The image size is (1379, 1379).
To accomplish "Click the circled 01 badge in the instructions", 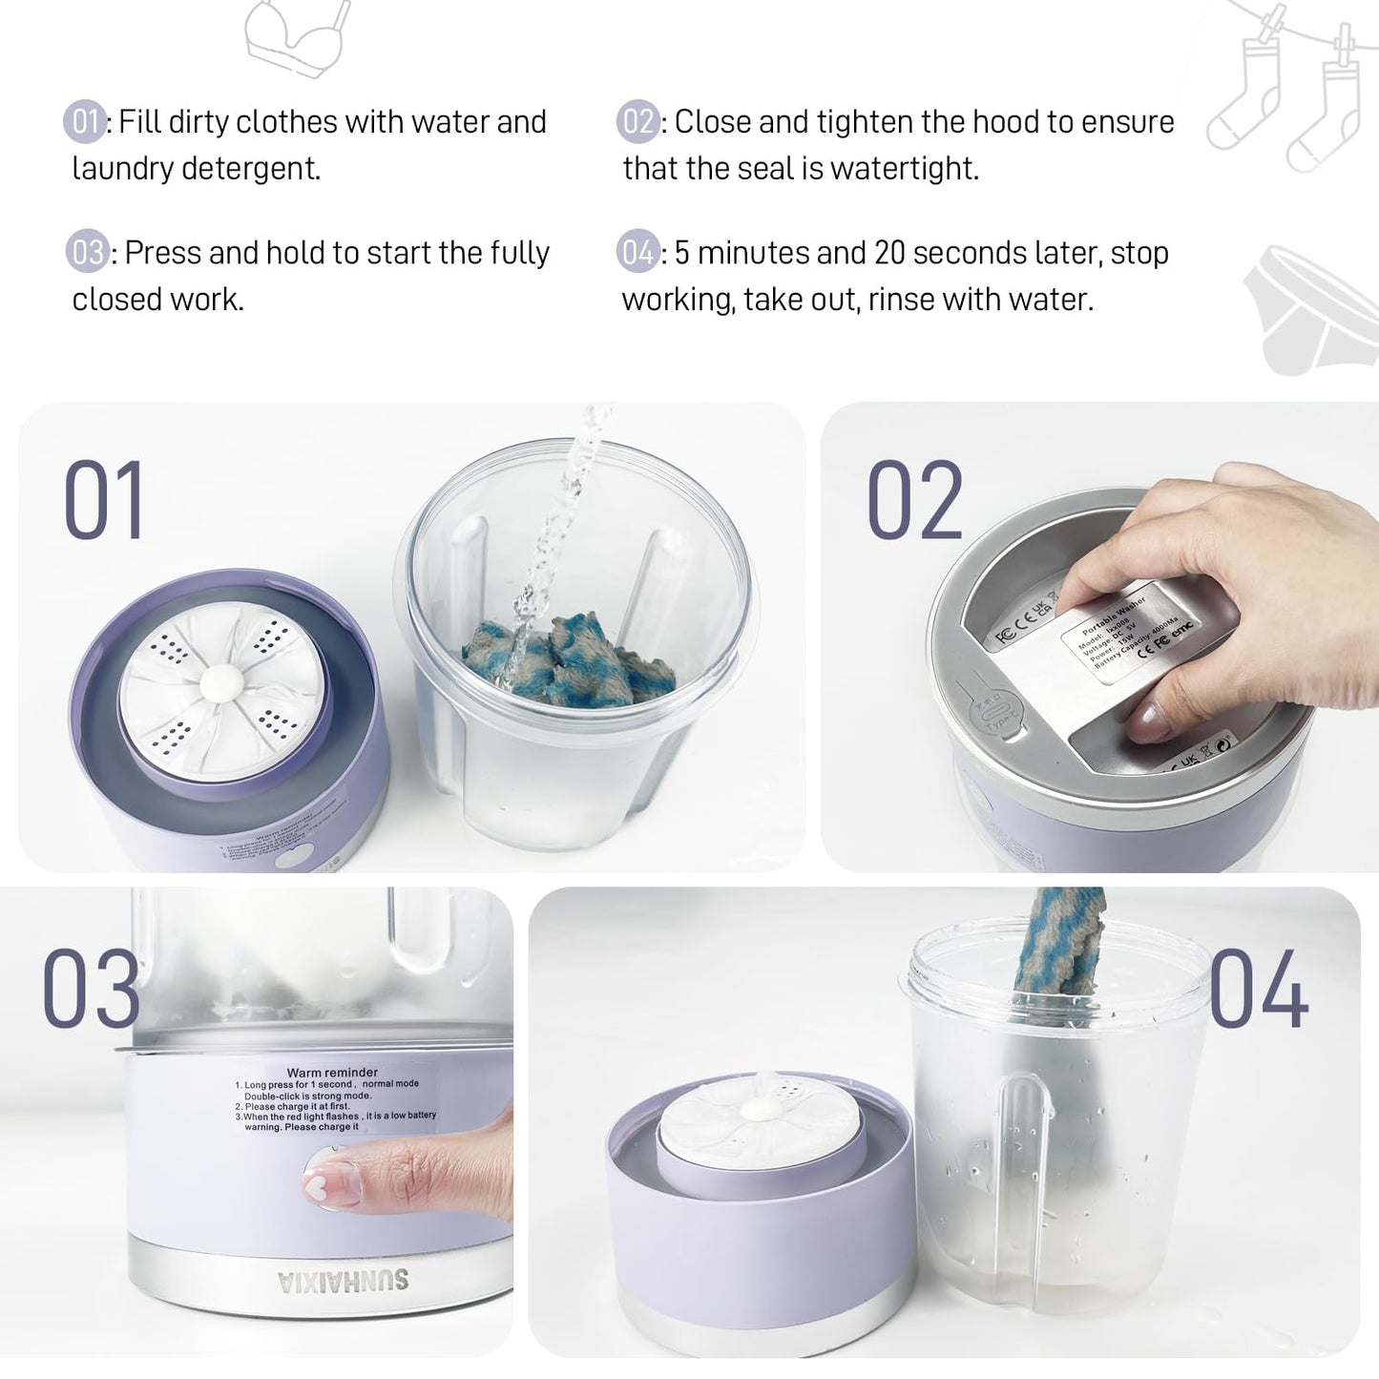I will pyautogui.click(x=85, y=122).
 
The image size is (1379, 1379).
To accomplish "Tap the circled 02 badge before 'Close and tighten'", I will pyautogui.click(x=637, y=122).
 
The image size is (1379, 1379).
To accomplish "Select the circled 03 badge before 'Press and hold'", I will pyautogui.click(x=87, y=253).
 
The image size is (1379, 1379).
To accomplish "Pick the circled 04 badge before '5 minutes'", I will pyautogui.click(x=637, y=253).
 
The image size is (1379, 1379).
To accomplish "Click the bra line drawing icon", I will pyautogui.click(x=296, y=38).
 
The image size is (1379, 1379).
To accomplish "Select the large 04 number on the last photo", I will pyautogui.click(x=1259, y=991).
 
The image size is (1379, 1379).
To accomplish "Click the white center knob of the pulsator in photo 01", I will pyautogui.click(x=221, y=683).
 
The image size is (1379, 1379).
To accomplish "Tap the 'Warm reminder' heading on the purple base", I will pyautogui.click(x=332, y=1073).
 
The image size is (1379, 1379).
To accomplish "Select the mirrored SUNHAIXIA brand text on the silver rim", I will pyautogui.click(x=344, y=1281).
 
